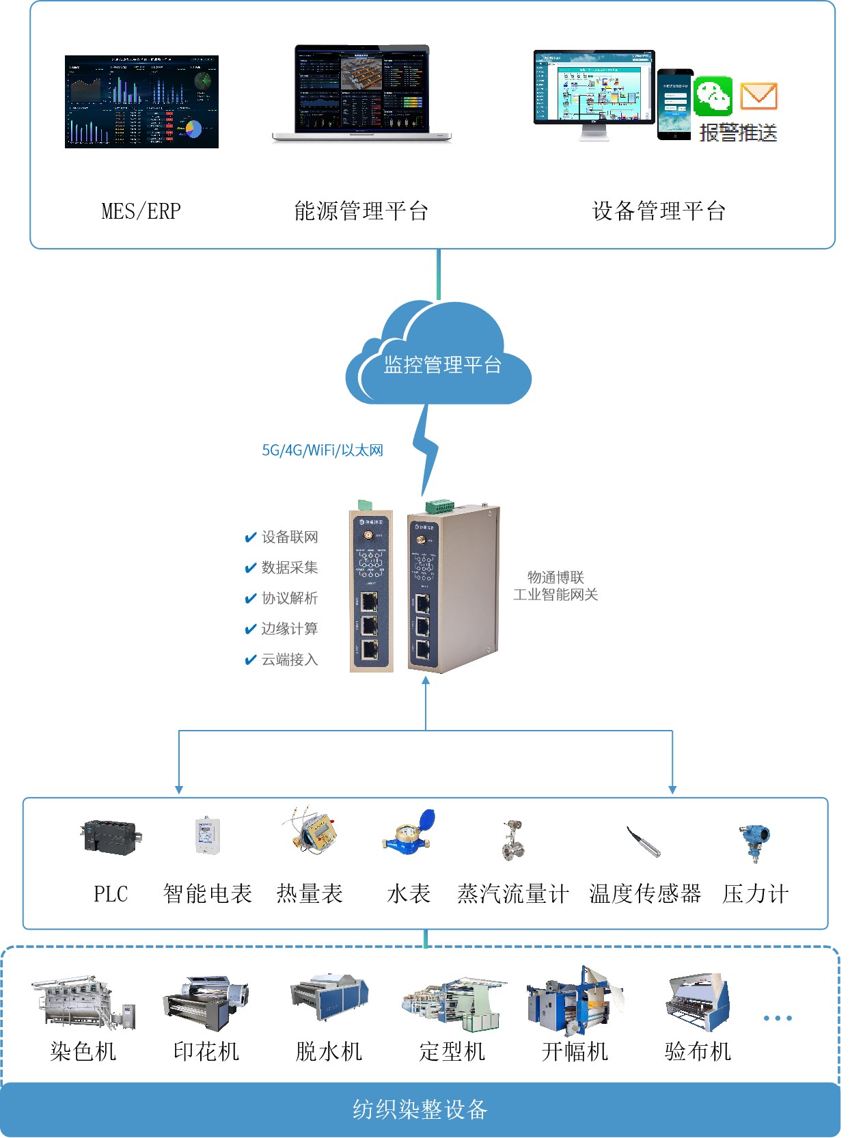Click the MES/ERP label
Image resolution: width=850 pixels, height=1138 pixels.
pyautogui.click(x=141, y=211)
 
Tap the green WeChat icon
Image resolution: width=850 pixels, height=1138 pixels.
pyautogui.click(x=713, y=96)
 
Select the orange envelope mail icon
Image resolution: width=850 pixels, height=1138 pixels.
pyautogui.click(x=758, y=96)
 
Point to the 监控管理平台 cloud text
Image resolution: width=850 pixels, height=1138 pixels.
pyautogui.click(x=442, y=365)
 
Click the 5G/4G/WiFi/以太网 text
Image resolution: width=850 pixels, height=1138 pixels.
pyautogui.click(x=323, y=450)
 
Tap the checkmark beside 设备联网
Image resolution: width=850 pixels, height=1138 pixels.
pyautogui.click(x=250, y=538)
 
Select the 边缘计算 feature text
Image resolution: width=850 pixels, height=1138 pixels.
pyautogui.click(x=290, y=629)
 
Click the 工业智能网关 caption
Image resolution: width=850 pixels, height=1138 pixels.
pyautogui.click(x=556, y=595)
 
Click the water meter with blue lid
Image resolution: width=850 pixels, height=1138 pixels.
pyautogui.click(x=409, y=832)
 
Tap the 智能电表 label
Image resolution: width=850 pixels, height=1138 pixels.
pyautogui.click(x=208, y=893)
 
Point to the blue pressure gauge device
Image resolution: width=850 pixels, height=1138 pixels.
pyautogui.click(x=754, y=841)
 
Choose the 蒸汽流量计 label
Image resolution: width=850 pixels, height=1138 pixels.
pyautogui.click(x=512, y=893)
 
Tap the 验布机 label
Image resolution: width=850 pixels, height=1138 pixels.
pyautogui.click(x=698, y=1051)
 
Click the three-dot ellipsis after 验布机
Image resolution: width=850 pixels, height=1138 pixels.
pyautogui.click(x=778, y=1018)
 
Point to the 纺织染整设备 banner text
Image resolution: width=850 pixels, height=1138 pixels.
pyautogui.click(x=420, y=1109)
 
